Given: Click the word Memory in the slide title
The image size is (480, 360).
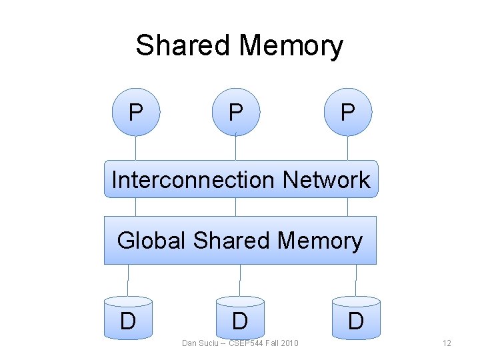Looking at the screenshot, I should (291, 47).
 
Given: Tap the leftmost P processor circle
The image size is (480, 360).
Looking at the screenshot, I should (136, 111).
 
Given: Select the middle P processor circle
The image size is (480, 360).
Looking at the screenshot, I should (235, 111).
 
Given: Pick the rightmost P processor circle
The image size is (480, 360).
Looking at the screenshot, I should (347, 111).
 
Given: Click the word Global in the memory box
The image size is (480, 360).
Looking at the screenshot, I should (152, 240).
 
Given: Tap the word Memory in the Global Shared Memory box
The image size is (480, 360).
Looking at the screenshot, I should (321, 240).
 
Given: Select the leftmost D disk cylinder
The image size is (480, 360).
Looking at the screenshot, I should (128, 319).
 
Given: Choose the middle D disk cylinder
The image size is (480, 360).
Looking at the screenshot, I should (240, 319).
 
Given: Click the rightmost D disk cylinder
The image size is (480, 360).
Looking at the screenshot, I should (357, 319).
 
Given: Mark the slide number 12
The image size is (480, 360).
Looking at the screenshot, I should (447, 343).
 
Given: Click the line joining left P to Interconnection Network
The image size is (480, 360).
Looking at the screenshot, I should (136, 148).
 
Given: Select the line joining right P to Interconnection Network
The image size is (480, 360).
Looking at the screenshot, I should (347, 148).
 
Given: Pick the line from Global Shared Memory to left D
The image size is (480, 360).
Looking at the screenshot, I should (128, 280).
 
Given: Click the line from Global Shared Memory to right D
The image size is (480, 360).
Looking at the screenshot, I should (357, 280).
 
